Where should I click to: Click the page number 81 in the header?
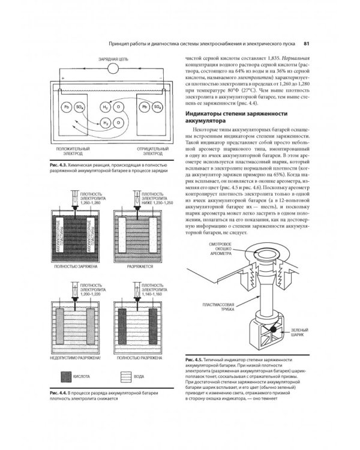pyautogui.click(x=306, y=43)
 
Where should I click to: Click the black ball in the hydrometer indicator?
pyautogui.click(x=271, y=328)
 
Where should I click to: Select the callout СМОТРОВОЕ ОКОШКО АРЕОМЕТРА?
pyautogui.click(x=217, y=265)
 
